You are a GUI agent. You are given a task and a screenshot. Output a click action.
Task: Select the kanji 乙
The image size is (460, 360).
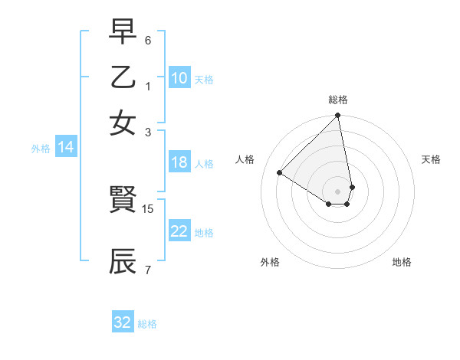123,77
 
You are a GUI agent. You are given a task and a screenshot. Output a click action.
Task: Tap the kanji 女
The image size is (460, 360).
123,123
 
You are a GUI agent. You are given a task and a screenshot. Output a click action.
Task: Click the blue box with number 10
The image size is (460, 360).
179,78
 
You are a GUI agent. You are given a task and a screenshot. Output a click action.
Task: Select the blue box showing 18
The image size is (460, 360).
179,162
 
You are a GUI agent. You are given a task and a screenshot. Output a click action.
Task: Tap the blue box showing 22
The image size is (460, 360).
179,231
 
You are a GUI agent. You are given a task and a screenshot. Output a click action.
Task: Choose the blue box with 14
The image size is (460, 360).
66,147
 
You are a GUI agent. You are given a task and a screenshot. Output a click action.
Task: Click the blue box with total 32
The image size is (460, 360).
123,322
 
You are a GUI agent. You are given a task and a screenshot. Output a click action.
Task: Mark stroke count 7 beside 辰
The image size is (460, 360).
148,270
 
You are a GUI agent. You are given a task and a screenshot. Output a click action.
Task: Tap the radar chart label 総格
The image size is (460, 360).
338,100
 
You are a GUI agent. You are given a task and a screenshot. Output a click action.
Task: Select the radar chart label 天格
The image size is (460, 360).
432,159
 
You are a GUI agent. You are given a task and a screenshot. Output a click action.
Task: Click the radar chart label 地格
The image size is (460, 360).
402,262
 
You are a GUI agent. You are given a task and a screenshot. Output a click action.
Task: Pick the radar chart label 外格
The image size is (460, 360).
270,262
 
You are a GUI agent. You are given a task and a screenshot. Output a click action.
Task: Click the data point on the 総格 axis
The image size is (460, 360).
338,116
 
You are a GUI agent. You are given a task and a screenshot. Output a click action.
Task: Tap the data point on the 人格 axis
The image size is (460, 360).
280,173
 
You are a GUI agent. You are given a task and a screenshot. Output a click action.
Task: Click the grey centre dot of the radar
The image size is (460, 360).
338,191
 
